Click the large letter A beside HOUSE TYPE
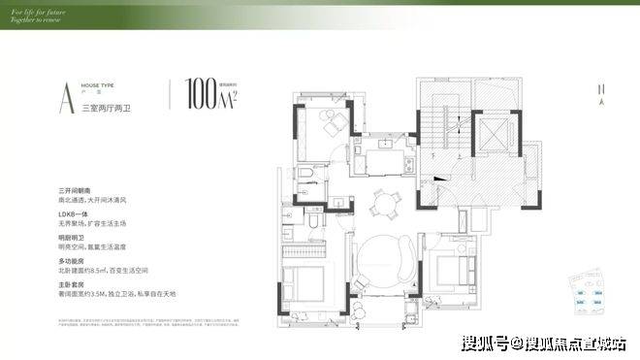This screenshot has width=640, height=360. point(65,95)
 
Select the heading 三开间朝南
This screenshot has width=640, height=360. point(74,190)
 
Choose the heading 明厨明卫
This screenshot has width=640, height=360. point(72,237)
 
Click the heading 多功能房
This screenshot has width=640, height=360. point(72,261)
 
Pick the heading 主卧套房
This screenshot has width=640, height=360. point(72,284)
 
